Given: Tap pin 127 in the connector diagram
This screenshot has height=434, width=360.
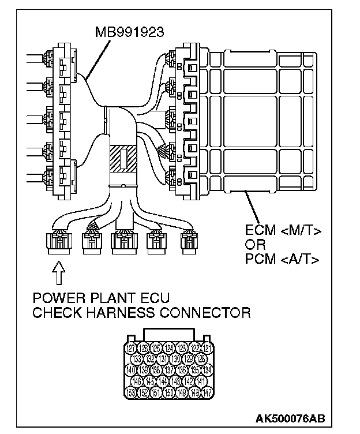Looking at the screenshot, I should point(132,348).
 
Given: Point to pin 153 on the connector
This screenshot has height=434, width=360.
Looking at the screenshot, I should point(131,392).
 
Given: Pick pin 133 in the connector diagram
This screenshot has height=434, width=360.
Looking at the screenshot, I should point(138,359).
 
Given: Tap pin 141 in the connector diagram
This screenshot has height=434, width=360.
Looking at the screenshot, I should point(201,381).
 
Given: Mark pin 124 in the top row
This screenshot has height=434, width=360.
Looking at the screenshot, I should point(169,348).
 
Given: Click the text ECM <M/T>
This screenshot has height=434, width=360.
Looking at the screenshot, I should point(279,231).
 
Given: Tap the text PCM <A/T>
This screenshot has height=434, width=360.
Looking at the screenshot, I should point(279,259).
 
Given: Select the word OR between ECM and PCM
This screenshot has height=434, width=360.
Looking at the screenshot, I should point(254,245).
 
